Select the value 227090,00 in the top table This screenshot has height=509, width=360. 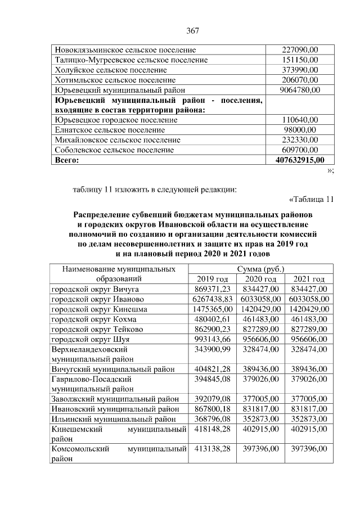[300, 49]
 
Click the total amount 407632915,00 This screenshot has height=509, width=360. [300, 160]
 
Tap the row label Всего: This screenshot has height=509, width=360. [66, 160]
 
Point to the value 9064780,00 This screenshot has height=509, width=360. [300, 89]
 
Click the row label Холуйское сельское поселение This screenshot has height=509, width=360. [110, 70]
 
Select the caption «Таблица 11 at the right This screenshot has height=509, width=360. [311, 199]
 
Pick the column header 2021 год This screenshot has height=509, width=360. [309, 279]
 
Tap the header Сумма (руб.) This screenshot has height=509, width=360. [260, 269]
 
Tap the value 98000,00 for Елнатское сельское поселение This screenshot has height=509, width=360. [300, 130]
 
